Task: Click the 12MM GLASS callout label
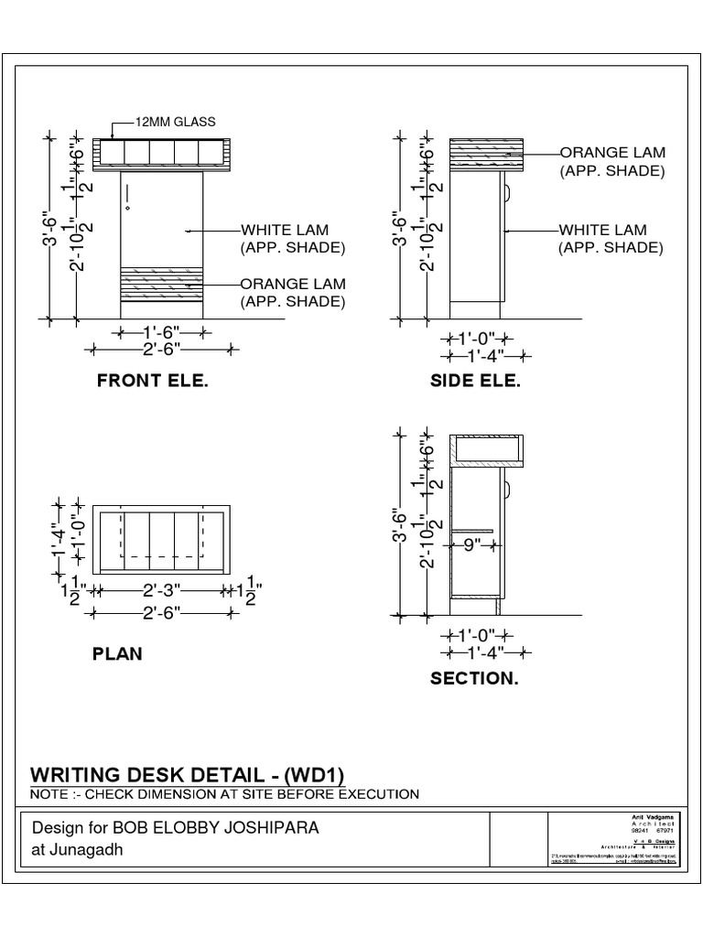pos(177,122)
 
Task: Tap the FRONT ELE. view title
pos(153,382)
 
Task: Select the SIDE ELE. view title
pos(475,382)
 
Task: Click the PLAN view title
pos(117,654)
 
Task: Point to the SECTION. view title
pos(474,679)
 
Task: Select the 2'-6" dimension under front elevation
pos(162,349)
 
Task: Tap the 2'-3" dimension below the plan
pos(161,592)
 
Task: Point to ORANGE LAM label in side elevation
pos(612,153)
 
